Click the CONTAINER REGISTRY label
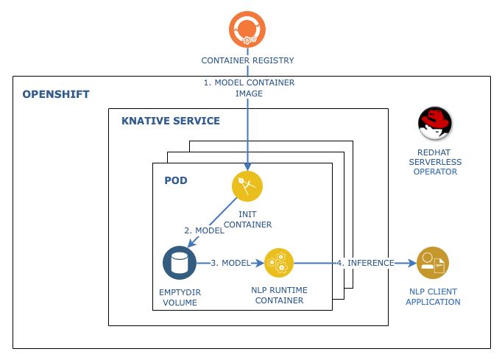pos(249,60)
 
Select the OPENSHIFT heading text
pos(56,94)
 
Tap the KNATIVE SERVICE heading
pos(171,121)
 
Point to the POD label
pos(176,180)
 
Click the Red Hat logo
pos(434,123)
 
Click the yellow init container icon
pos(247,186)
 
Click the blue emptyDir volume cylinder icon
pos(178,263)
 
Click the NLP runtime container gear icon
pos(279,262)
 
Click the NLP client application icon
pos(432,262)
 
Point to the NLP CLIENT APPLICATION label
pos(434,297)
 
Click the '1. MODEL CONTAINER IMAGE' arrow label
pos(249,88)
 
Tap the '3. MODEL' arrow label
pos(230,263)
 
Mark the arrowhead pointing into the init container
pos(248,169)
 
